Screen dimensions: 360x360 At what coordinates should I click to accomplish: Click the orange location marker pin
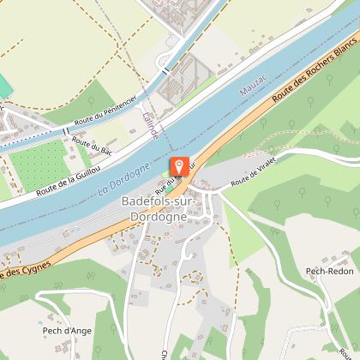(x=178, y=166)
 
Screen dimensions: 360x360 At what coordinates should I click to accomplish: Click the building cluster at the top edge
(x=176, y=10)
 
